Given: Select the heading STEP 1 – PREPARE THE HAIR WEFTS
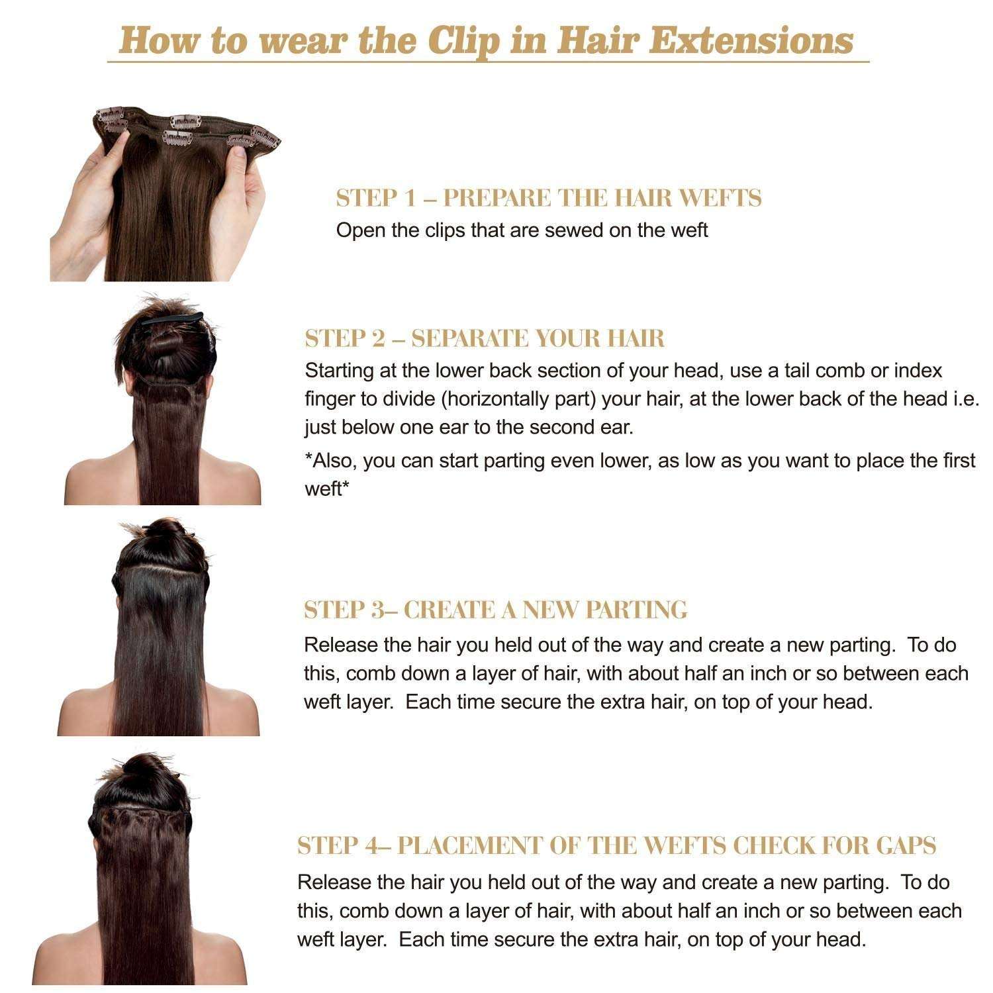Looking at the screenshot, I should click(548, 198).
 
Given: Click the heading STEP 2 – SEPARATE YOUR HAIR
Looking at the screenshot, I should click(485, 338).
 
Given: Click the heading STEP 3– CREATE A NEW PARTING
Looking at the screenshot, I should click(495, 610).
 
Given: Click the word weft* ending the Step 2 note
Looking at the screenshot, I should click(324, 489).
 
